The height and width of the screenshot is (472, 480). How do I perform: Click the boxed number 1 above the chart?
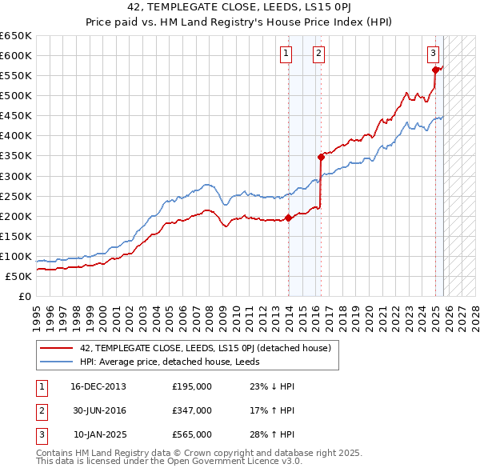(x=286, y=54)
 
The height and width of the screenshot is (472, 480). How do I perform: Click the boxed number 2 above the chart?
(x=318, y=54)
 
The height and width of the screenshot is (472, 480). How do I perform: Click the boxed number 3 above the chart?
(x=433, y=54)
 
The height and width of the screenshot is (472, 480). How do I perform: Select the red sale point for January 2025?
(x=436, y=70)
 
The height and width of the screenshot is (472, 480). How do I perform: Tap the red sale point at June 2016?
(x=321, y=157)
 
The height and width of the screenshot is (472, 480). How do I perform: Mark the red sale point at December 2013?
(x=288, y=218)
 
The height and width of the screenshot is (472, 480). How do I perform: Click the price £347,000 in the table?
(x=192, y=410)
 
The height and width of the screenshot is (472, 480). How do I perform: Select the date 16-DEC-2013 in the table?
(x=98, y=386)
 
